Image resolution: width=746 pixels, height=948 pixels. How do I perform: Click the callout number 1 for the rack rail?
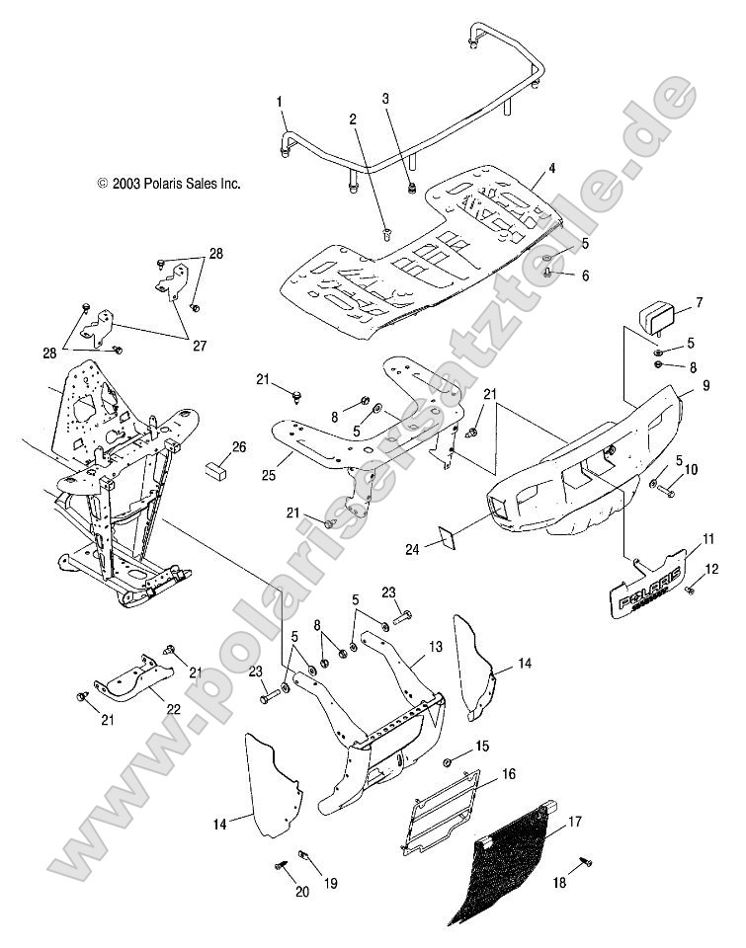coord(280,102)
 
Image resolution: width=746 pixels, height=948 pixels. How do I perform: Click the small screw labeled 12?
coord(688,588)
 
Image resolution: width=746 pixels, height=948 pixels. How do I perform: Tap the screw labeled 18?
coord(587,862)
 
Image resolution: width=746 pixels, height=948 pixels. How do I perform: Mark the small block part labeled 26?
coord(216,465)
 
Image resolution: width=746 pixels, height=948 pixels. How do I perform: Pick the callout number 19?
coord(331,884)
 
